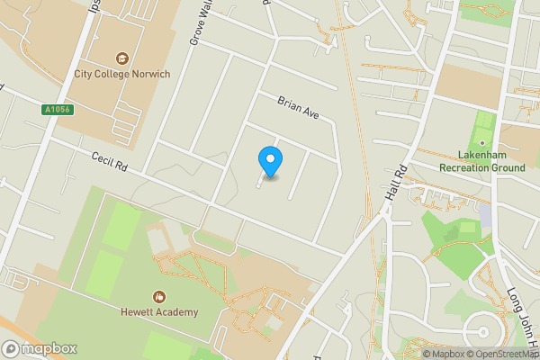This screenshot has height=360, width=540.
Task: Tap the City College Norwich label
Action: (121, 75)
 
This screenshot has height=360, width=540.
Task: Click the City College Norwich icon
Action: (121, 58)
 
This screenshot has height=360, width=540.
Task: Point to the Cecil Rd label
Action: (111, 162)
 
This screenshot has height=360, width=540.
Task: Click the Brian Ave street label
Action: (299, 109)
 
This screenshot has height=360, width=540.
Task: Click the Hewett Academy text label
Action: (160, 313)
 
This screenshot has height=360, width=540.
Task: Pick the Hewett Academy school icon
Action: (159, 297)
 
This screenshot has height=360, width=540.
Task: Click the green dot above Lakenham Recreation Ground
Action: (482, 141)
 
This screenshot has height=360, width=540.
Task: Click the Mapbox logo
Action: (40, 348)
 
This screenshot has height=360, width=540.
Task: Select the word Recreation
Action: (466, 166)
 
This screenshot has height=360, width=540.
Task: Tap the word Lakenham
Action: (481, 154)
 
